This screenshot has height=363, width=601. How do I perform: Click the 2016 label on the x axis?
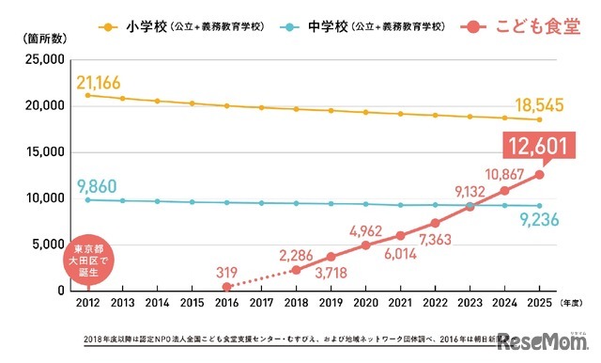click(226, 304)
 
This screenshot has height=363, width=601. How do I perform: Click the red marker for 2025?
click(538, 174)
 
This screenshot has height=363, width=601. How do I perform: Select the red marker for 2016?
click(226, 287)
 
